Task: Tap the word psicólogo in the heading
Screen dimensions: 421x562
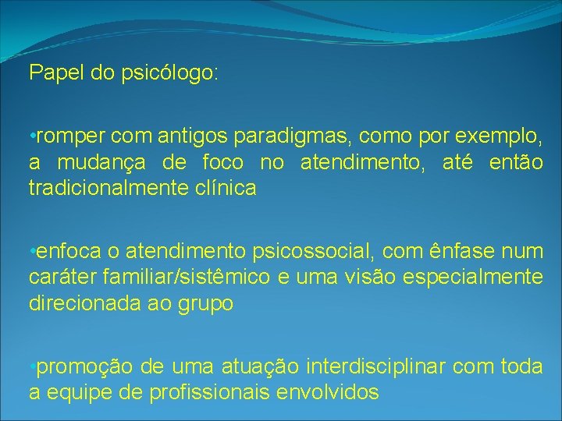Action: tap(170, 75)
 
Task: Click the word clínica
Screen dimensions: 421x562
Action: tap(225, 188)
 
